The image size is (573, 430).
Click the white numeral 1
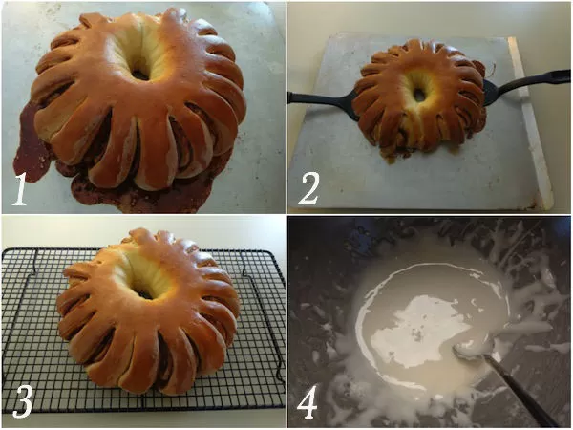coord(20,189)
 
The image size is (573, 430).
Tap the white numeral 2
coord(309,189)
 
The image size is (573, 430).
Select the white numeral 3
coord(23,401)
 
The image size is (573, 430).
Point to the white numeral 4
coord(307,401)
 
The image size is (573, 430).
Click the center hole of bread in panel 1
coord(141,74)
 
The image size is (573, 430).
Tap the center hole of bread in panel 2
coord(419,94)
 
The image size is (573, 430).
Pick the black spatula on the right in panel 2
coord(526,86)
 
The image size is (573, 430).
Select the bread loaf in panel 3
coord(148,311)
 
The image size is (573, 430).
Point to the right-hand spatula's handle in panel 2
coord(537,80)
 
